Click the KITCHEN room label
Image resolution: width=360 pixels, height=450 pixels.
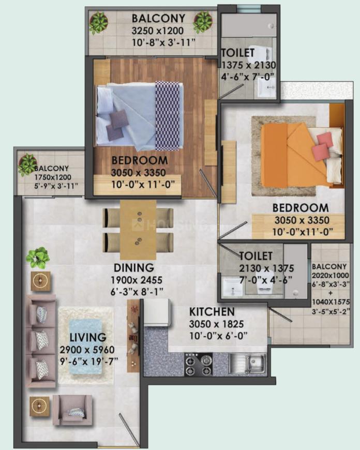212,312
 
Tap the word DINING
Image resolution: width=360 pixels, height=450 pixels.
134,268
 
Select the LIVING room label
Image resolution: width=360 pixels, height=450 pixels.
88,337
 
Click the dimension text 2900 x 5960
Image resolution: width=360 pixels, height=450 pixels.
87,350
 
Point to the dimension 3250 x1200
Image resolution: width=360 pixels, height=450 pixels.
158,31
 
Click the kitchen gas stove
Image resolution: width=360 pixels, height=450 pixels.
199,364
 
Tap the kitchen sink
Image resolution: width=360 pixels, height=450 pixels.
247,363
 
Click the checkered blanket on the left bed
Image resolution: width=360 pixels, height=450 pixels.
168,116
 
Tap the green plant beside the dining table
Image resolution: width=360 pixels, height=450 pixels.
37,258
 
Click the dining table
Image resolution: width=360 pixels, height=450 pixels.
138,230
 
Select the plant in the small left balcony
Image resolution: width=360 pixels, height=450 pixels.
28,164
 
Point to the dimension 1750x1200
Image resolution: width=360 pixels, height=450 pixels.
53,177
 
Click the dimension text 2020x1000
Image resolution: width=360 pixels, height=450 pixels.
331,276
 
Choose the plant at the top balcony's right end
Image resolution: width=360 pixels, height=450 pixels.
203,22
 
